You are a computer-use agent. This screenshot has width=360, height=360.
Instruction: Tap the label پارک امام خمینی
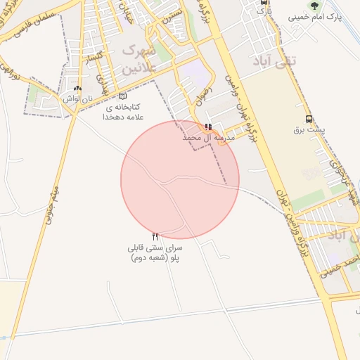pyautogui.click(x=330, y=17)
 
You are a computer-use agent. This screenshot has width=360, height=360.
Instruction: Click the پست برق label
pyautogui.click(x=309, y=130)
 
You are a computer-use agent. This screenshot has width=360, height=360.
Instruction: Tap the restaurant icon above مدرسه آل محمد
pyautogui.click(x=208, y=127)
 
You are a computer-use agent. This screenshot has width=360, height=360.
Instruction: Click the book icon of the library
pyautogui.click(x=123, y=97)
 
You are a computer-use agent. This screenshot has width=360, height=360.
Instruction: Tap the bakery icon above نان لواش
pyautogui.click(x=77, y=89)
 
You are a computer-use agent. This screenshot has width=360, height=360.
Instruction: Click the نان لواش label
pyautogui.click(x=77, y=100)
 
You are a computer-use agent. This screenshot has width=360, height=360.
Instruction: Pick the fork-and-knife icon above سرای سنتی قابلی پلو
pyautogui.click(x=155, y=237)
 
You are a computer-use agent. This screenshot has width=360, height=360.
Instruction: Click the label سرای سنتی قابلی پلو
pyautogui.click(x=155, y=253)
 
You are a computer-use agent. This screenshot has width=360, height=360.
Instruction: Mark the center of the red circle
pyautogui.click(x=180, y=179)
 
